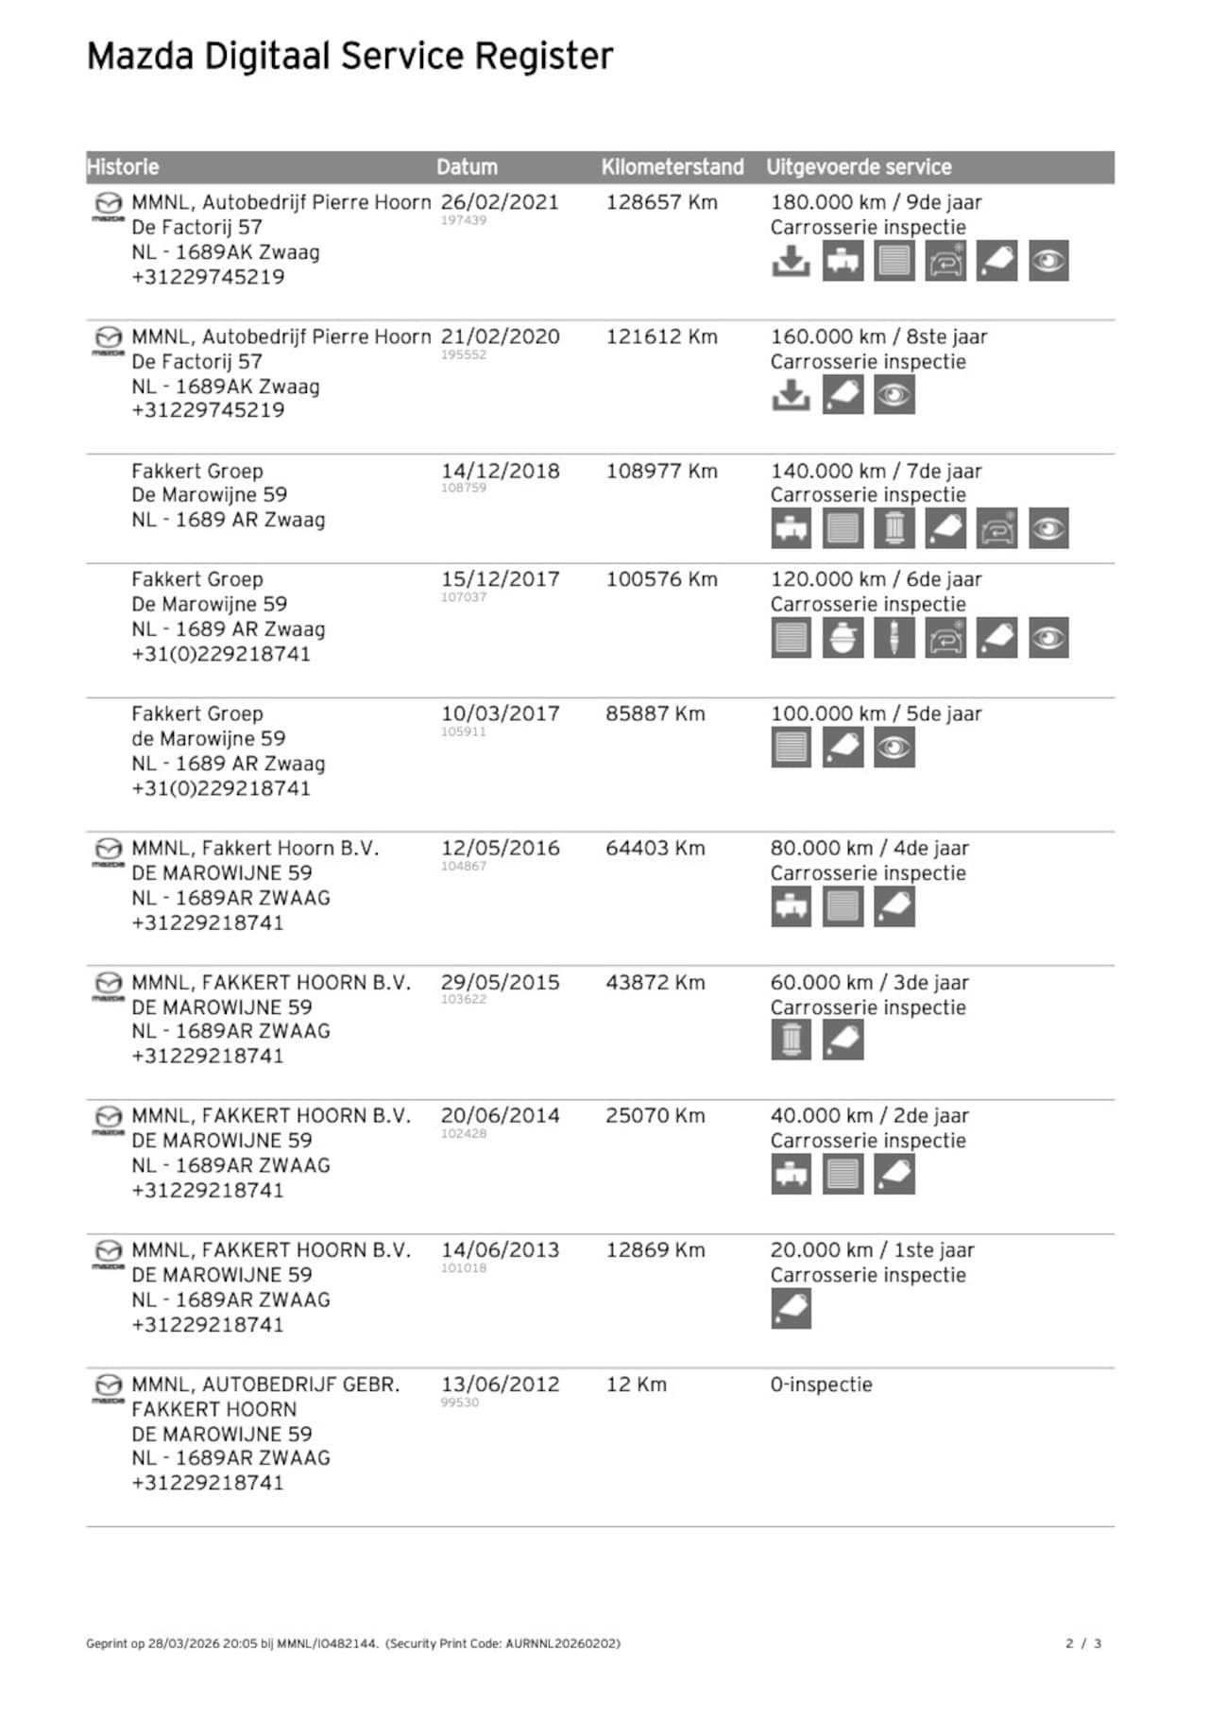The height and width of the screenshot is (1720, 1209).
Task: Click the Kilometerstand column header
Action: (x=672, y=167)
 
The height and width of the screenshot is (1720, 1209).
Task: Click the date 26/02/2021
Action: (x=499, y=202)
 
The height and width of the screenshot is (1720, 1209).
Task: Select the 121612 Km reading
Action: (x=661, y=337)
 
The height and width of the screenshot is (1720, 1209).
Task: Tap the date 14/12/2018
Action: (x=499, y=472)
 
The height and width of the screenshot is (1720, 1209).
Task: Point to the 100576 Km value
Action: (x=661, y=579)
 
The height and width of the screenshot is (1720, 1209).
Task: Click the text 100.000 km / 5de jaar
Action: (x=876, y=714)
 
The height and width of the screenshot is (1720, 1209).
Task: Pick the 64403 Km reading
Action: (x=655, y=849)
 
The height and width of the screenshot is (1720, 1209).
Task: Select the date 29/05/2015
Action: (x=499, y=983)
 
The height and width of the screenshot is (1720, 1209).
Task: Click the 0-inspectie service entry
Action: (x=821, y=1385)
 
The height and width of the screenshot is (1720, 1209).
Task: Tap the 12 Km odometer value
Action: (x=636, y=1385)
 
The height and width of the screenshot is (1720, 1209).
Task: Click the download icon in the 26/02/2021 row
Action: (x=791, y=262)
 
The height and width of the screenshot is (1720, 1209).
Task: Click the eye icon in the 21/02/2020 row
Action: (x=894, y=395)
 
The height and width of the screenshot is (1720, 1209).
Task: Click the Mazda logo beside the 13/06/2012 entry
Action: (x=109, y=1387)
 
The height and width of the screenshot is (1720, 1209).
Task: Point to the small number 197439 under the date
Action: (x=463, y=220)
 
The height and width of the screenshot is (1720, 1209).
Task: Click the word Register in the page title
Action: (x=543, y=57)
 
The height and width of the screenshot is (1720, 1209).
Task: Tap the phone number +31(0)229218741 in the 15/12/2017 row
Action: (x=221, y=654)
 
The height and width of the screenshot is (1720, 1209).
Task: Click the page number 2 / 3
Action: (x=1083, y=1643)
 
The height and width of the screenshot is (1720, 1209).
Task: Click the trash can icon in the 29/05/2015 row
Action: (x=791, y=1041)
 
